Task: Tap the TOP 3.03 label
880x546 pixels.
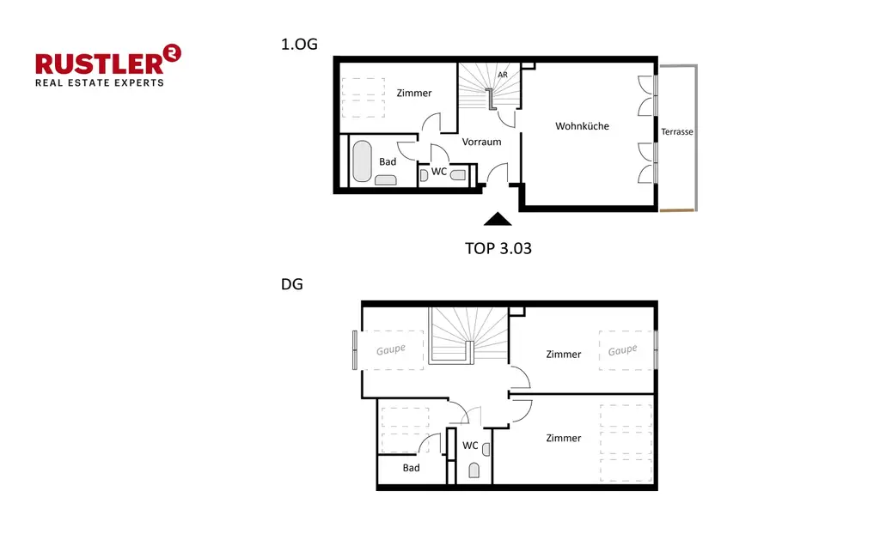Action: click(x=498, y=249)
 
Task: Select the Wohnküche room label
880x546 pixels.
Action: click(x=582, y=126)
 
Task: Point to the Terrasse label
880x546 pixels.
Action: click(x=677, y=132)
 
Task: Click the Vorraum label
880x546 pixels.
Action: click(x=481, y=142)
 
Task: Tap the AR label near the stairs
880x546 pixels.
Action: click(x=503, y=75)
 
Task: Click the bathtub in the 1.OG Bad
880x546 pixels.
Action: click(x=362, y=161)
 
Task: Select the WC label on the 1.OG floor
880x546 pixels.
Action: click(x=439, y=172)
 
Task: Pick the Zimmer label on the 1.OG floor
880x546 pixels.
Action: click(x=414, y=93)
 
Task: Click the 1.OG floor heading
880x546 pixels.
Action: click(x=300, y=45)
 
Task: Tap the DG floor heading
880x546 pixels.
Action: click(x=292, y=285)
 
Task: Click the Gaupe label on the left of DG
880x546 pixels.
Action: click(x=390, y=350)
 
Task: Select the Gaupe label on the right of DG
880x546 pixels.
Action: click(x=623, y=350)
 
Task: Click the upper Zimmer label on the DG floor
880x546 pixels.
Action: click(x=564, y=354)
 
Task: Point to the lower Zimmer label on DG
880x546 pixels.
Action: click(x=564, y=438)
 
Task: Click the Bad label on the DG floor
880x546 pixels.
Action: click(x=412, y=468)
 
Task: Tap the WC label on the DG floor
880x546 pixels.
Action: click(x=470, y=446)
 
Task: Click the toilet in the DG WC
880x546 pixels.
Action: click(x=474, y=470)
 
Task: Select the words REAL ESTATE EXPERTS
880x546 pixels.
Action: click(x=99, y=83)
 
